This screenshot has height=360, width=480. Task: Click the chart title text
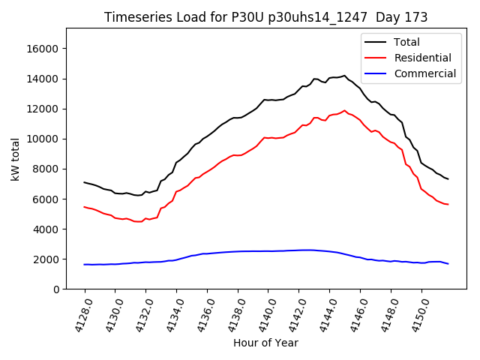tap(265, 17)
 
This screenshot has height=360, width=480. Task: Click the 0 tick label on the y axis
tap(57, 289)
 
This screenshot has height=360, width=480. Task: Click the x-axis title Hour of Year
tap(265, 343)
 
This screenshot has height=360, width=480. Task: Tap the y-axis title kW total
tap(16, 159)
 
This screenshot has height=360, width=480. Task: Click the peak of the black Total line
tap(345, 75)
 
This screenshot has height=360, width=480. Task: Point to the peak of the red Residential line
tap(345, 110)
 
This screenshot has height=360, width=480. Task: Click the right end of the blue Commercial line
tap(448, 264)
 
